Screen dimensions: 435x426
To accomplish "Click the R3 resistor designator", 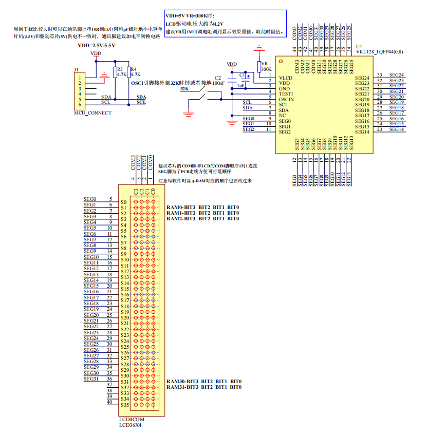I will [x=120, y=69].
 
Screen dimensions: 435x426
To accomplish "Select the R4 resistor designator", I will [x=134, y=69].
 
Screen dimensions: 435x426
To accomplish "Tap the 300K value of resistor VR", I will [x=266, y=69].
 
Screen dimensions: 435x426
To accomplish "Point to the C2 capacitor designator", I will [x=217, y=77].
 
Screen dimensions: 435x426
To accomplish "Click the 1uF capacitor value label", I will [x=240, y=86].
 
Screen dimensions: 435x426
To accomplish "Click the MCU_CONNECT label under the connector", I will [x=92, y=112].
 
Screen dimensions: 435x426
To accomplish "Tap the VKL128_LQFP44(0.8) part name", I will [x=380, y=52].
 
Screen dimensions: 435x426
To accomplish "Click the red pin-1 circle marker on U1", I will [x=281, y=61].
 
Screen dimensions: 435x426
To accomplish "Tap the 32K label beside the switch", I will [x=184, y=89].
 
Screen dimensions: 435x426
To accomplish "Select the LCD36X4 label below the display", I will [x=130, y=425].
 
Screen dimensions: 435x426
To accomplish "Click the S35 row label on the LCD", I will [x=124, y=405].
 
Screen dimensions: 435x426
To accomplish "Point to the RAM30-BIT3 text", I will [x=182, y=381].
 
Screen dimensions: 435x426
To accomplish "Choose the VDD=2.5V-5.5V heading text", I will [x=96, y=45].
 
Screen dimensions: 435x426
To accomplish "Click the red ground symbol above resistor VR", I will [x=260, y=49].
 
